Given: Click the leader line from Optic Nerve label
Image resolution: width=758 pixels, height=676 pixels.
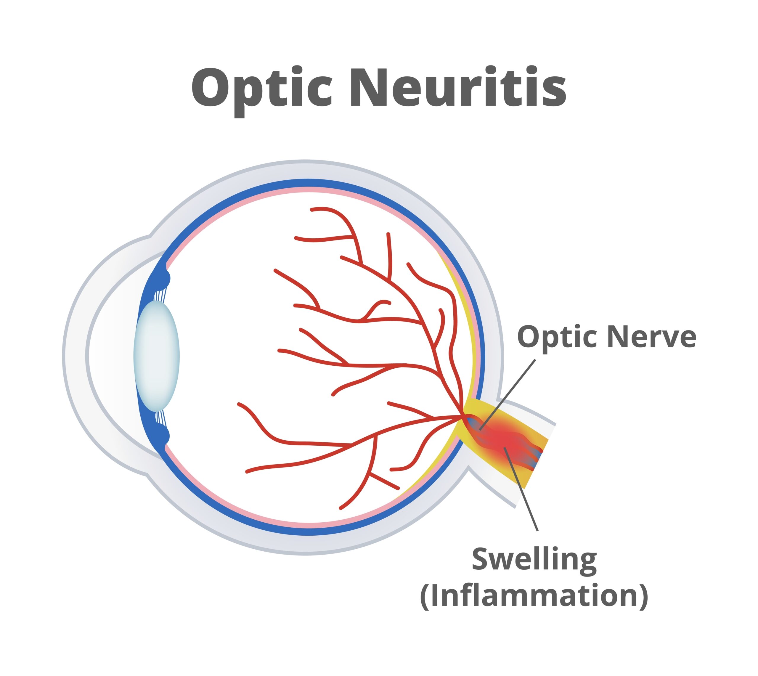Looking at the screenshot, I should tap(509, 394).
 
